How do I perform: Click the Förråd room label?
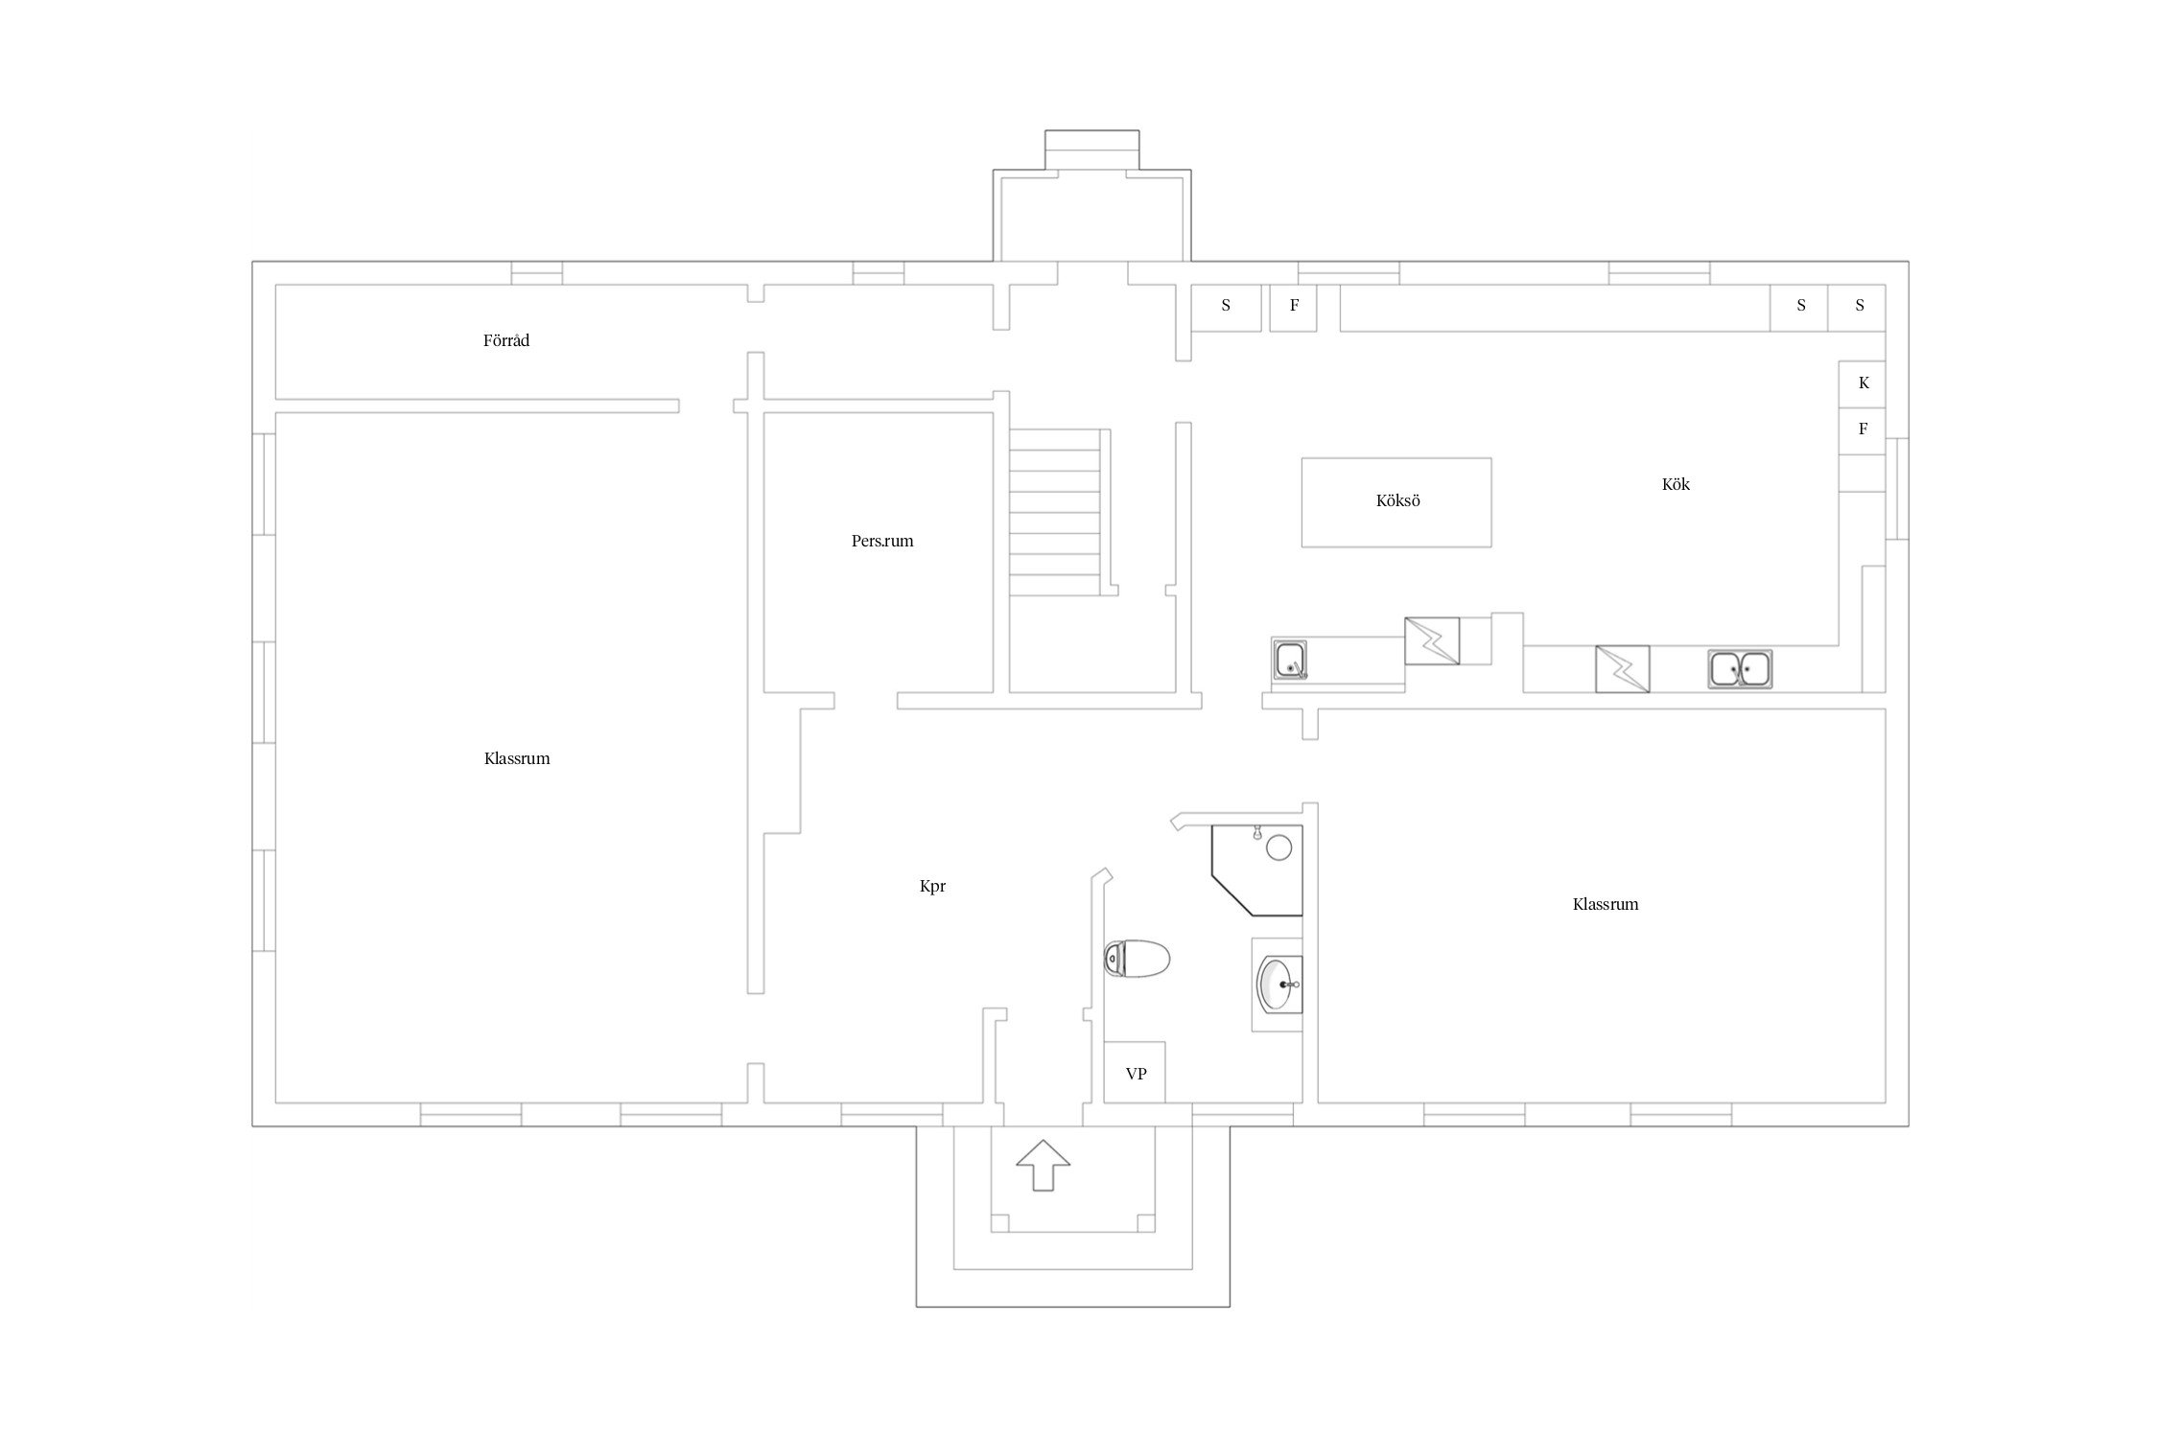click(x=505, y=340)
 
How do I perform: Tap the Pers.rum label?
click(x=882, y=541)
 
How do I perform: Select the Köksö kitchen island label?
click(x=1397, y=500)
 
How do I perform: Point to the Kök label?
click(x=1676, y=484)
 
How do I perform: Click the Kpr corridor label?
click(x=932, y=887)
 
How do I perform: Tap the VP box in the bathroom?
click(x=1136, y=1073)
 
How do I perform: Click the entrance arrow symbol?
click(x=1043, y=1165)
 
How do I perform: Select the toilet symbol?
click(x=1137, y=958)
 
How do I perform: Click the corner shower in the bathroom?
click(x=1257, y=870)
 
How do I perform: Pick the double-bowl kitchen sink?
click(x=1740, y=668)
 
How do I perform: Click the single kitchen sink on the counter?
click(x=1290, y=660)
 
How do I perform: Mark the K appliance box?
click(x=1863, y=383)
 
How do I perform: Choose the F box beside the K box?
click(x=1863, y=430)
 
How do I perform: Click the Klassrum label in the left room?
click(x=517, y=759)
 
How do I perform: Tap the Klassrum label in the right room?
click(x=1606, y=904)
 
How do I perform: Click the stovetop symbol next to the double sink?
click(x=1622, y=669)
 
